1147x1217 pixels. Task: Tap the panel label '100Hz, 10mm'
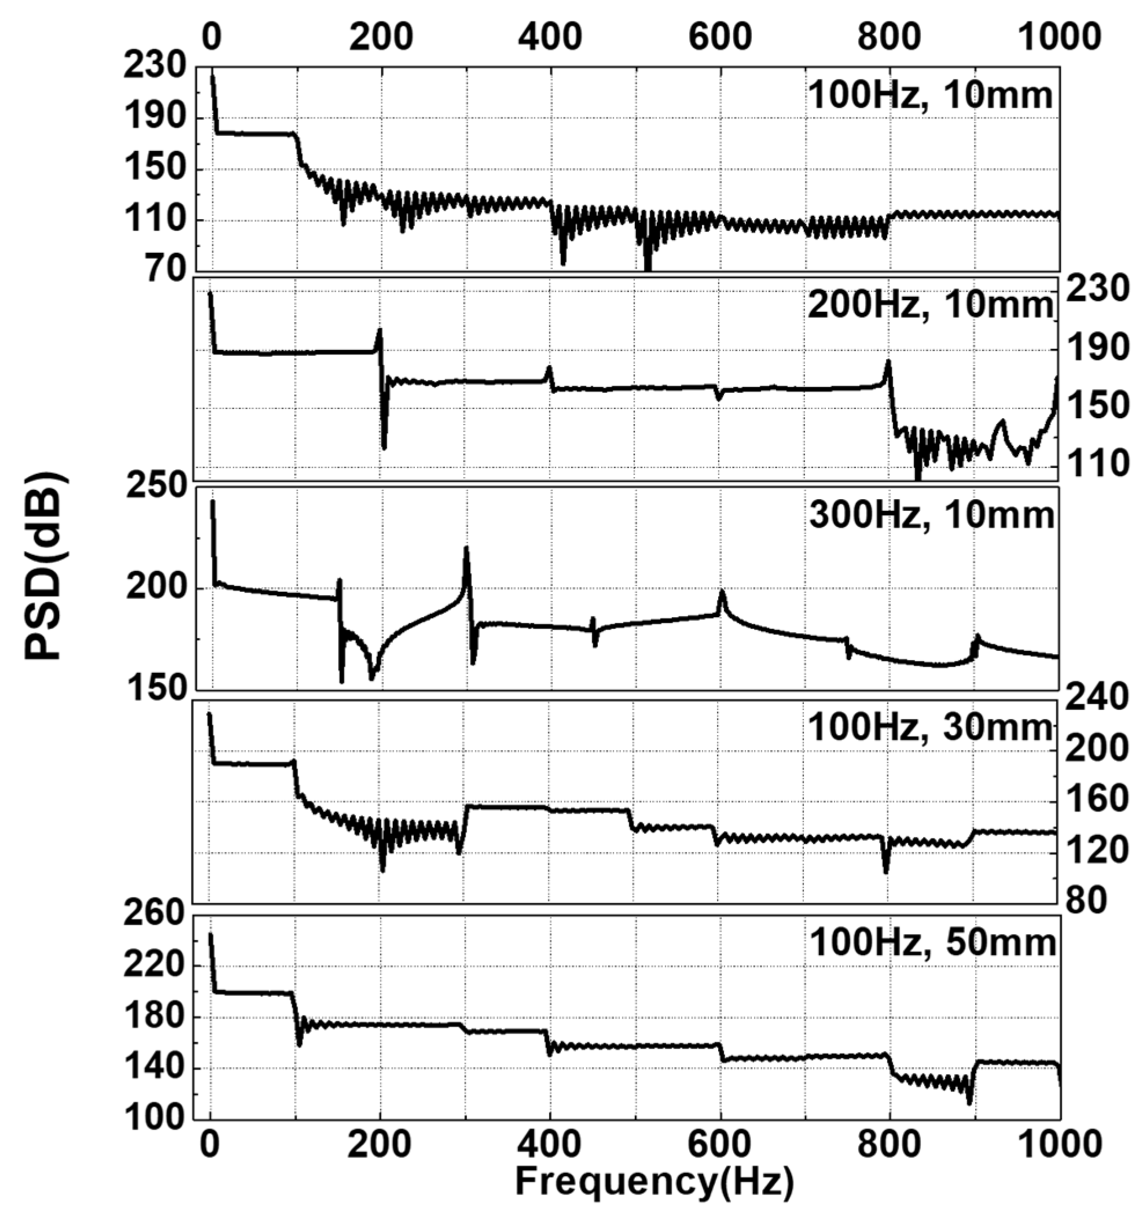tap(930, 96)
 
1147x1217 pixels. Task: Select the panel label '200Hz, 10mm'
tap(930, 305)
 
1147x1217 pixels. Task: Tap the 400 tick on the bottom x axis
tap(549, 1144)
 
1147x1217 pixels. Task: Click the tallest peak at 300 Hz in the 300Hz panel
tap(466, 548)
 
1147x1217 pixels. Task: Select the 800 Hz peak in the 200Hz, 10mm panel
tap(887, 363)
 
